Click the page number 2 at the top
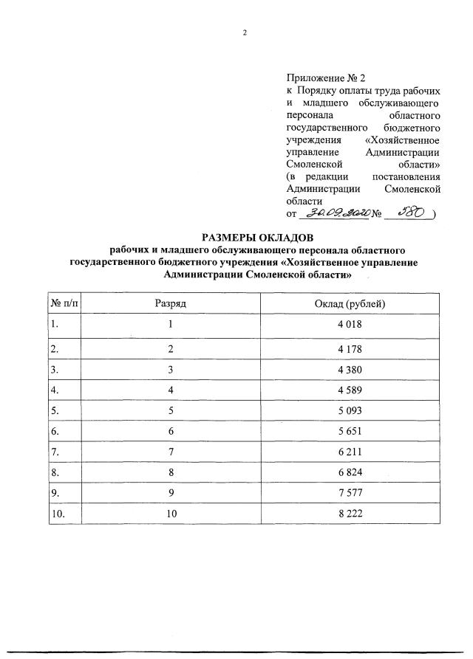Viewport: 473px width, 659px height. click(244, 32)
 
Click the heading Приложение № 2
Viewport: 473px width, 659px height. click(325, 77)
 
